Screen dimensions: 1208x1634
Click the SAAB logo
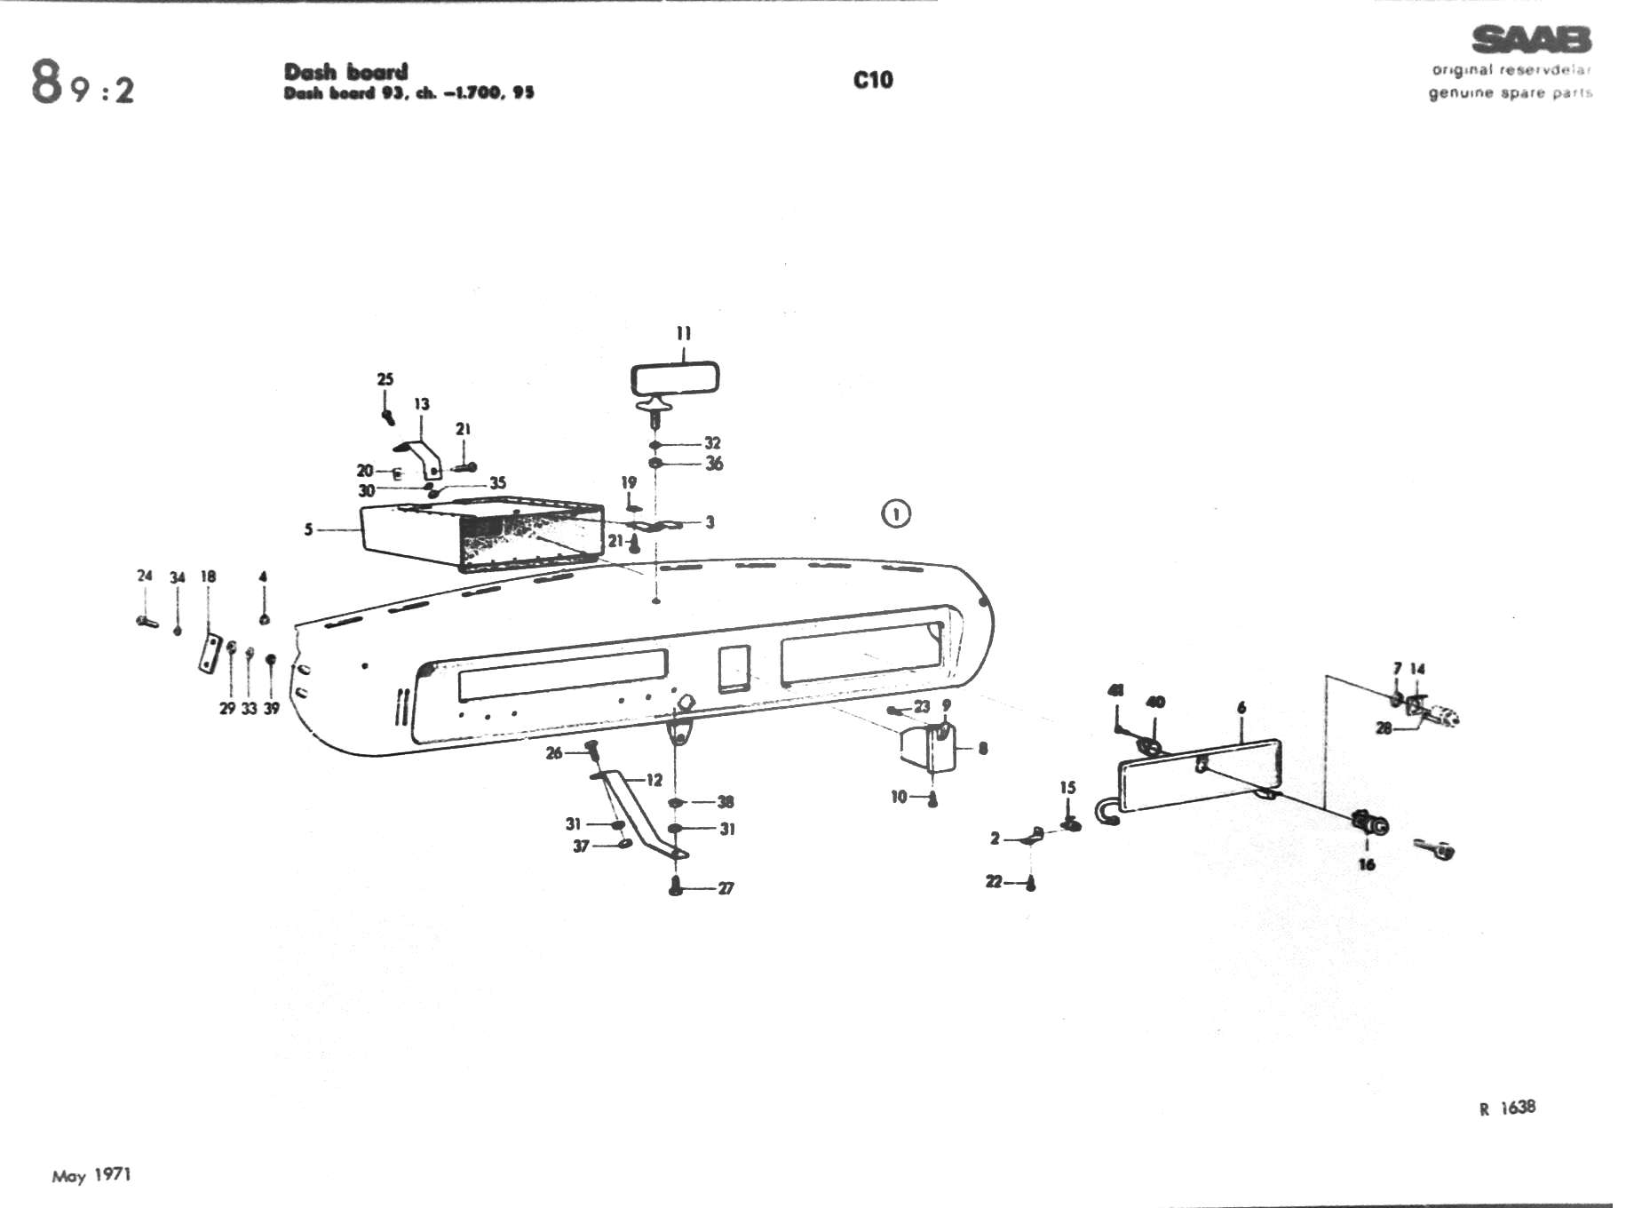pos(1531,40)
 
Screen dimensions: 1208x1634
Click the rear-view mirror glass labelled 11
pos(675,379)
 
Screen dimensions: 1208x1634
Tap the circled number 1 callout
pos(896,513)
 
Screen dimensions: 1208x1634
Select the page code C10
pos(873,80)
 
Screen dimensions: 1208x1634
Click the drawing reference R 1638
pos(1507,1108)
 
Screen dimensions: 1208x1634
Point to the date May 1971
pos(91,1175)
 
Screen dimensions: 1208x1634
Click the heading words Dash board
pos(345,72)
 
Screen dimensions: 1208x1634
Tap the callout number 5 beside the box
pos(308,529)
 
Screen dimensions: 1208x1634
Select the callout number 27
pos(726,888)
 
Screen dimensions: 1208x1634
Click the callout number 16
pos(1367,863)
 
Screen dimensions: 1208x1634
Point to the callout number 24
pos(145,576)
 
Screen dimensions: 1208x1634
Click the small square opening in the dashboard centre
pos(734,668)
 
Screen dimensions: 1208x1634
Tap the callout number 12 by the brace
pos(654,780)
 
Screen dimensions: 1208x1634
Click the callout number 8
pos(983,749)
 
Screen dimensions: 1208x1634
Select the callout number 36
pos(714,464)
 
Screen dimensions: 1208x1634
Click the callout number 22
pos(994,881)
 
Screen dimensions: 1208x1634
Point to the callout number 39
pos(271,708)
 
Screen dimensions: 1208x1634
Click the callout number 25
pos(385,379)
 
